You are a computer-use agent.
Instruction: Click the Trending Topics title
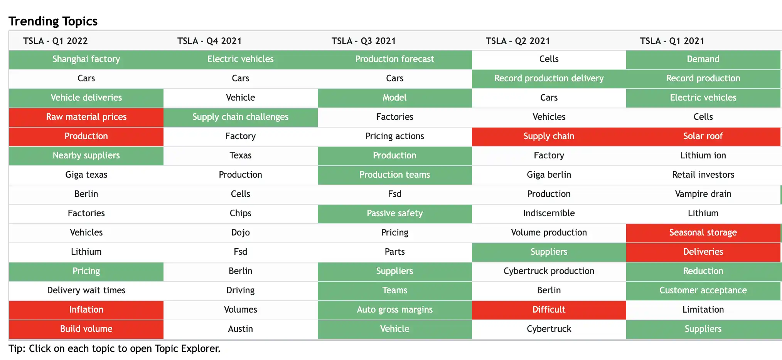[53, 21]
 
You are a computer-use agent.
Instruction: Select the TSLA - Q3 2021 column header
[364, 41]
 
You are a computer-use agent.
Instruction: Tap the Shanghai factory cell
[86, 59]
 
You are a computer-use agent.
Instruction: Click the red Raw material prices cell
[86, 117]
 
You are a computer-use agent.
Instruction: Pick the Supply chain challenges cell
[240, 117]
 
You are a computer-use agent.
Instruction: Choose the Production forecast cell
[394, 59]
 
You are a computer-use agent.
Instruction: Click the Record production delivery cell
[549, 79]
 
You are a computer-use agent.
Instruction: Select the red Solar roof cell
[703, 136]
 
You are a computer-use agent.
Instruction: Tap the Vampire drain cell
[703, 194]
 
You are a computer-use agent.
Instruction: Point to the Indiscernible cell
[549, 214]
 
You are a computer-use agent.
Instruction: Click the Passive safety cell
[394, 214]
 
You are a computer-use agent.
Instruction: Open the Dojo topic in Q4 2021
[240, 233]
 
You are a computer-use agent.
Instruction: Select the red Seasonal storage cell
[703, 233]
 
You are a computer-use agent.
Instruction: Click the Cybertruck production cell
[549, 271]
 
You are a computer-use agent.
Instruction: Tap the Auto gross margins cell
[394, 310]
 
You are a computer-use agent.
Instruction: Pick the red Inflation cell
[86, 310]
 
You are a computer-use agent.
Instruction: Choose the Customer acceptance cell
[703, 291]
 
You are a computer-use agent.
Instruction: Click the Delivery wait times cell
[86, 291]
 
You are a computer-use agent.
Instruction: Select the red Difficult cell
[549, 310]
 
